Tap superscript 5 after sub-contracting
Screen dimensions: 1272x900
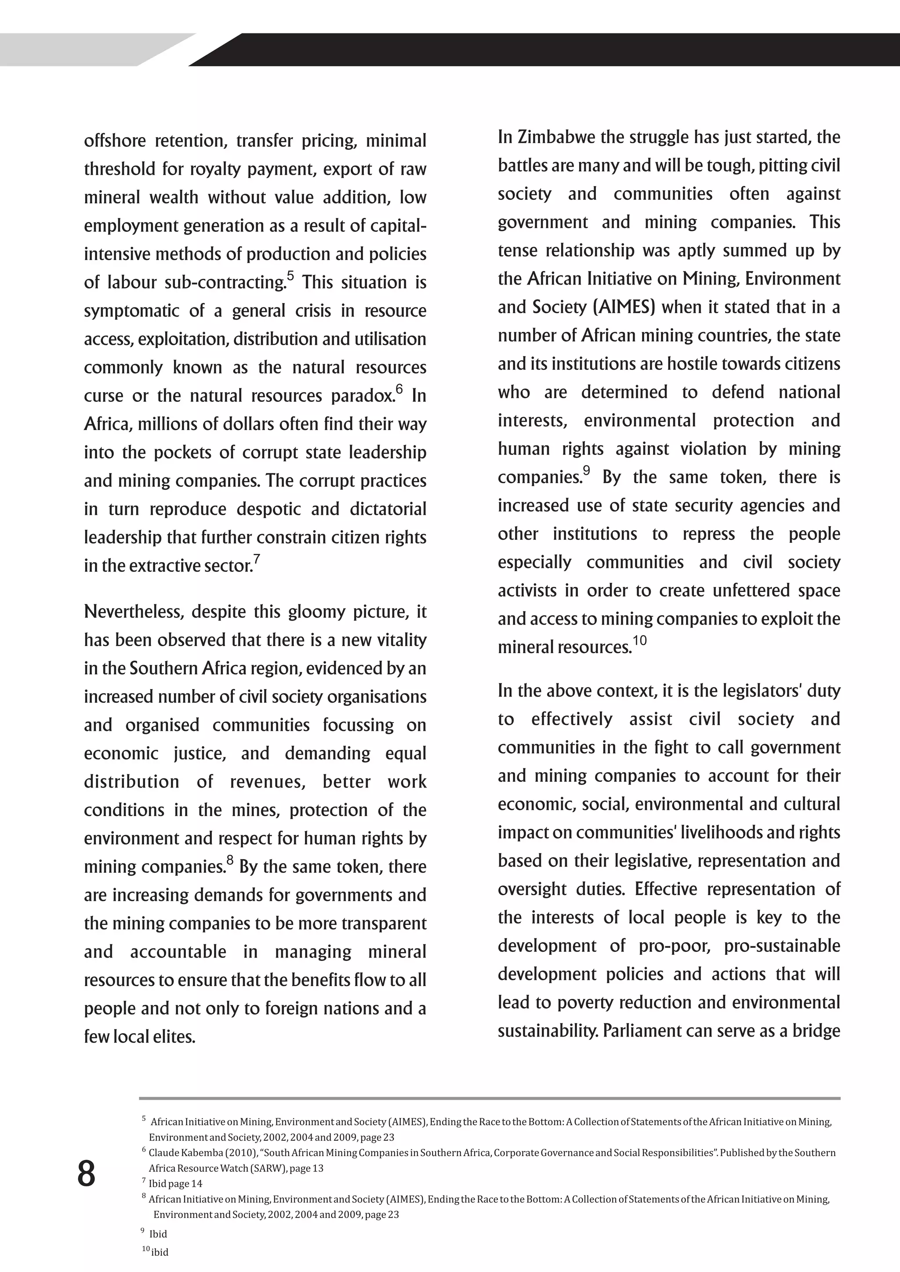(x=290, y=275)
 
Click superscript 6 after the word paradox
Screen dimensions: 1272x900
(x=399, y=389)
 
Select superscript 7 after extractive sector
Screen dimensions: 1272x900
(x=257, y=559)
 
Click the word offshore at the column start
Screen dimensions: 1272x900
(x=115, y=141)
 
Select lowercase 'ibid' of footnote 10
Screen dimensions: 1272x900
(x=160, y=1252)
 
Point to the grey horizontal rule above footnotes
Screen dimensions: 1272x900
(x=490, y=1098)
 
